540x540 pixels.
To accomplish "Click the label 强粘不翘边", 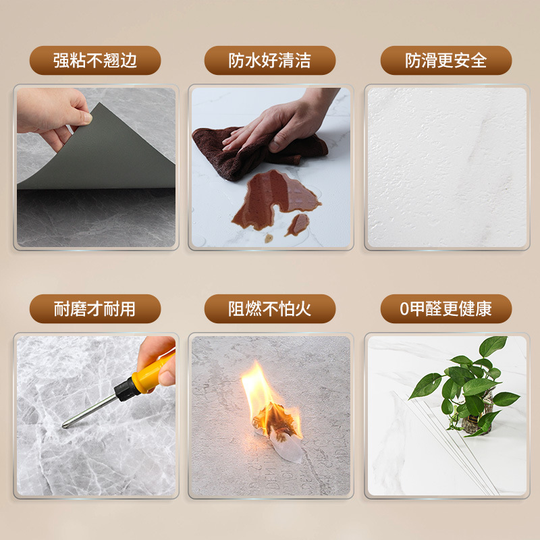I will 94,61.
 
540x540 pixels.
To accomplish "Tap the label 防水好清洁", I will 270,61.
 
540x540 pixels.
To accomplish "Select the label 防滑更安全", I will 446,61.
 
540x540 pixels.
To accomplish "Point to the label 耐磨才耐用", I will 94,309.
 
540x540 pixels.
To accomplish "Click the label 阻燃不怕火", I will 270,309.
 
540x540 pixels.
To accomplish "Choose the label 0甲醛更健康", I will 446,309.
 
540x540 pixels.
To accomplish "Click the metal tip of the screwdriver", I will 68,424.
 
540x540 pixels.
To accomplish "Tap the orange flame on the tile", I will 260,391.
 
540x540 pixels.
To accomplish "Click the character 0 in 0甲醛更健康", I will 404,310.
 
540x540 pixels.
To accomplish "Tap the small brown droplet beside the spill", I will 269,238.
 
